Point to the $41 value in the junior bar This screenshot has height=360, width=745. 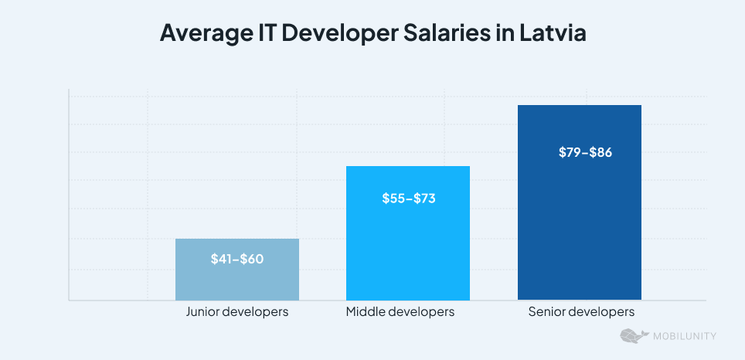click(222, 259)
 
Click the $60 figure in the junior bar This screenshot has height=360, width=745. click(252, 259)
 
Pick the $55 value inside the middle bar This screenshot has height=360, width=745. click(393, 199)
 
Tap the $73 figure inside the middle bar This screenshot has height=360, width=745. click(424, 199)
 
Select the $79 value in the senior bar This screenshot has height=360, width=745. click(570, 152)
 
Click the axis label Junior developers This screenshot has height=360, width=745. click(237, 312)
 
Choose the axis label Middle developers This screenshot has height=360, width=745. click(400, 312)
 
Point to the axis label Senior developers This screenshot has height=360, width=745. click(581, 312)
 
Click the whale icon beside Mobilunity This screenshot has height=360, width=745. click(634, 336)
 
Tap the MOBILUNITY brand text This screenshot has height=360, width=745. click(684, 336)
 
